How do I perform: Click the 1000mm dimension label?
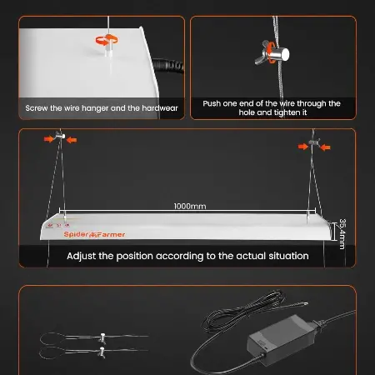click(x=190, y=206)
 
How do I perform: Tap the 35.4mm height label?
click(x=342, y=234)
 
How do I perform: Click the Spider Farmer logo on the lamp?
click(x=94, y=234)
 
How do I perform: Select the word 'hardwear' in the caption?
click(x=160, y=108)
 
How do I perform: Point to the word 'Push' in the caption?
click(x=212, y=103)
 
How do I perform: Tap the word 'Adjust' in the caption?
click(x=82, y=256)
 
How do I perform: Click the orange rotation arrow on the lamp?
click(x=107, y=40)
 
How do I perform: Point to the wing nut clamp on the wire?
click(x=272, y=53)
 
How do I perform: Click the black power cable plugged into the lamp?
click(x=168, y=66)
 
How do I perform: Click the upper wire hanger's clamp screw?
click(x=102, y=337)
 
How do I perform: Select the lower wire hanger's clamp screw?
click(x=102, y=352)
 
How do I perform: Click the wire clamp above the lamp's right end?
click(x=314, y=142)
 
